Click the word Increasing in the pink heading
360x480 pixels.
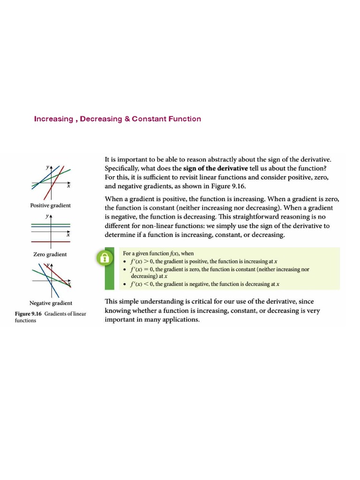pos(53,119)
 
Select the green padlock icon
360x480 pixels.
pos(105,257)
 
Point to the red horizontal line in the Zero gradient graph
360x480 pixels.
pos(51,241)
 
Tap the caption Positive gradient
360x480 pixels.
pos(51,206)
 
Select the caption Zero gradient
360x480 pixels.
pos(50,254)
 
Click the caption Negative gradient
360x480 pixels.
pos(51,303)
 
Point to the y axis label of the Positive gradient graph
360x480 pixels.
pos(47,167)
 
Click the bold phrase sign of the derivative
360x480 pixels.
pos(215,169)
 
